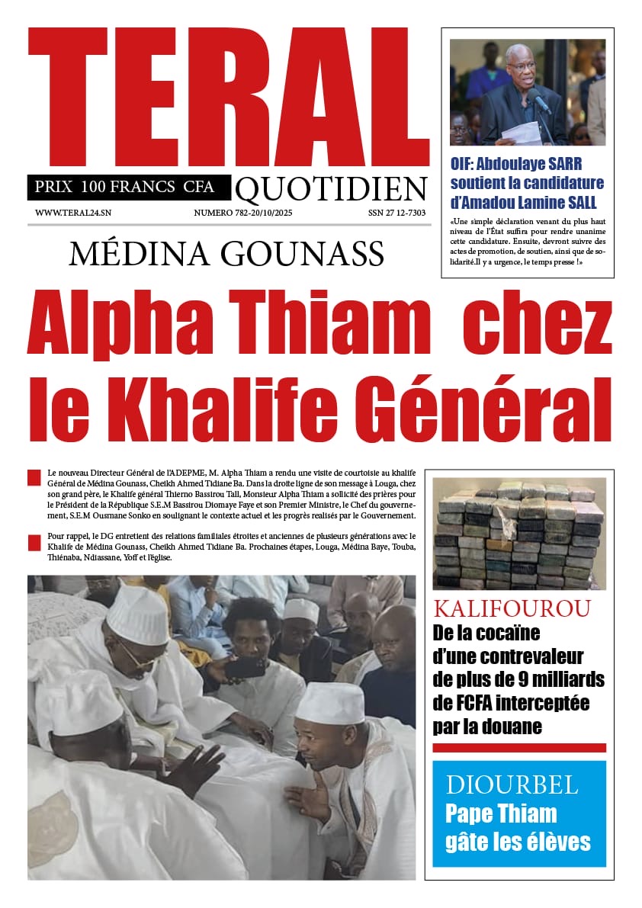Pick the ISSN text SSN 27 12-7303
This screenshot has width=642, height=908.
pos(396,213)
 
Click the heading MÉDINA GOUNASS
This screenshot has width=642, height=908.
pos(226,254)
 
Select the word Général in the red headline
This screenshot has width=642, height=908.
pos(478,401)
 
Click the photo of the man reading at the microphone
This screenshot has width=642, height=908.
pos(527,92)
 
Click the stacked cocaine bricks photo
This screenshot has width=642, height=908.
pos(518,534)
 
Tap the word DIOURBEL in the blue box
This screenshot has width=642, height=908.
pos(502,784)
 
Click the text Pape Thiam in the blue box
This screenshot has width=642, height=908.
pos(501,813)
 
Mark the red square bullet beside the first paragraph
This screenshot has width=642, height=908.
pos(34,478)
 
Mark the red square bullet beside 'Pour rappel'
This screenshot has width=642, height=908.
pos(34,543)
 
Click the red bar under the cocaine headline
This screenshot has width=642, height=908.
pos(518,747)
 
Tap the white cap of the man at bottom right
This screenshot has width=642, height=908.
pos(329,703)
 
